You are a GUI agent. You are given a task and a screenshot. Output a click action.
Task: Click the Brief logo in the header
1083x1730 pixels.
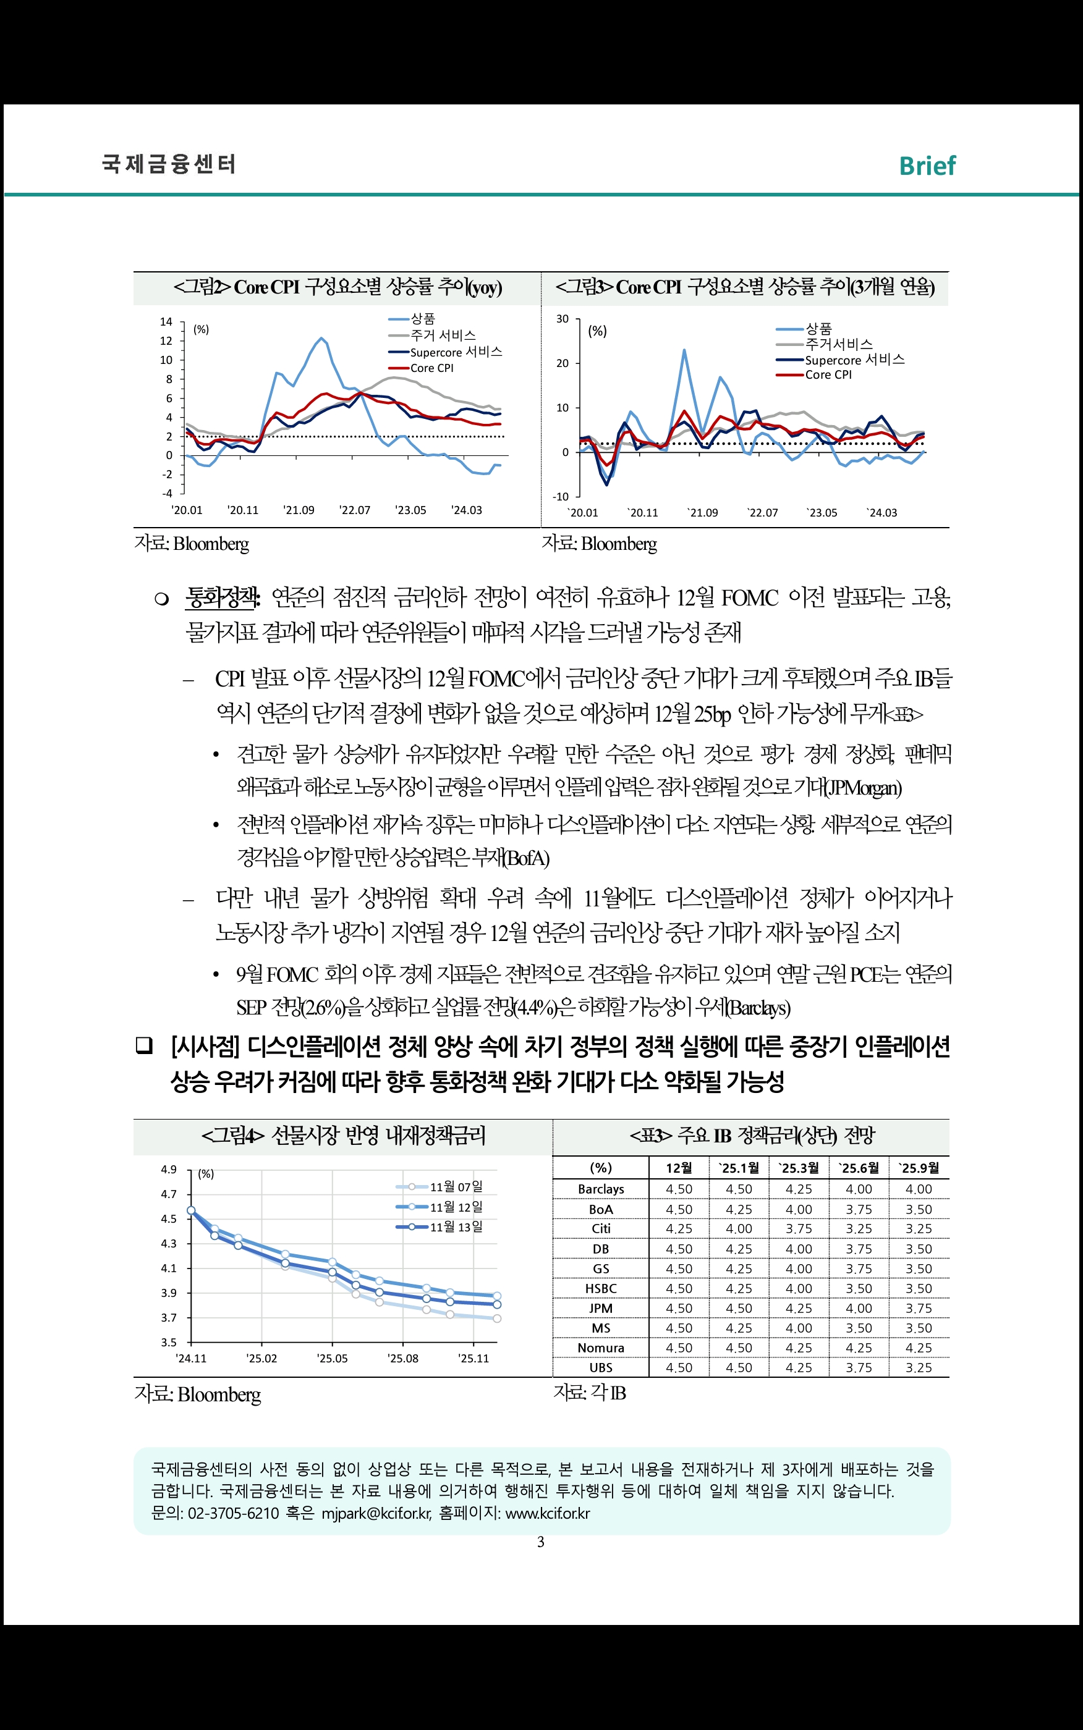[x=927, y=166]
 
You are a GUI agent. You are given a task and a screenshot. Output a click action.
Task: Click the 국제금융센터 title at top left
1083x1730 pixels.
[x=169, y=164]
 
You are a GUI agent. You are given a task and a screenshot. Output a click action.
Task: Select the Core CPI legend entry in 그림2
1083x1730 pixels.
[x=431, y=368]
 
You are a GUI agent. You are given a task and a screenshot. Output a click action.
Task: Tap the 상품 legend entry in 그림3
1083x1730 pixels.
[x=818, y=329]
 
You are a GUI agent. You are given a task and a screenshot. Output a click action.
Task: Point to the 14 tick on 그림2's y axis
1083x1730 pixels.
[x=166, y=321]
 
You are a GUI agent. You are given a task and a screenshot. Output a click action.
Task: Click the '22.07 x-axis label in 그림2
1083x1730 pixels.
[x=355, y=510]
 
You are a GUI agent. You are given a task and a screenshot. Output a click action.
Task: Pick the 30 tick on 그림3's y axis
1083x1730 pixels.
[x=563, y=319]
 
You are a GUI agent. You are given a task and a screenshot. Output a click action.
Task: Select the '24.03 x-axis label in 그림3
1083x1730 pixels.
[x=881, y=512]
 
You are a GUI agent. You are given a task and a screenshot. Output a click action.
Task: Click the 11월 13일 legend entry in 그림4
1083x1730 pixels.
[x=456, y=1227]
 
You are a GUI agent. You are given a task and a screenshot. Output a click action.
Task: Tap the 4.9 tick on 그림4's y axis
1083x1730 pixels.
[x=168, y=1170]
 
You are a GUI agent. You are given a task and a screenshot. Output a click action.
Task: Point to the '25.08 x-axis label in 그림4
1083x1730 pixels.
[x=402, y=1358]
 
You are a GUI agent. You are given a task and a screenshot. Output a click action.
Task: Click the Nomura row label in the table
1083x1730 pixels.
[x=601, y=1348]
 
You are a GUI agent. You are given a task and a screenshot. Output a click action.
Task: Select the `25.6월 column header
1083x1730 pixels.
[x=859, y=1168]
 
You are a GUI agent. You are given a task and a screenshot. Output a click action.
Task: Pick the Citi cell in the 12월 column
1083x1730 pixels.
[x=679, y=1229]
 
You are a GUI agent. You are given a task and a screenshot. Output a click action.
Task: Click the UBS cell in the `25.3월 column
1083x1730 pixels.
[x=799, y=1368]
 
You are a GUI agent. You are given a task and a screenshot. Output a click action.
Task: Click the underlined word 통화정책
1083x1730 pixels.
[x=222, y=597]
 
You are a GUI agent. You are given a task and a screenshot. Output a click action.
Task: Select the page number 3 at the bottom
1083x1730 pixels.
[x=541, y=1542]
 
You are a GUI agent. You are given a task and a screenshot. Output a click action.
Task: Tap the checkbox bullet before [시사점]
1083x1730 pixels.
[x=144, y=1046]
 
